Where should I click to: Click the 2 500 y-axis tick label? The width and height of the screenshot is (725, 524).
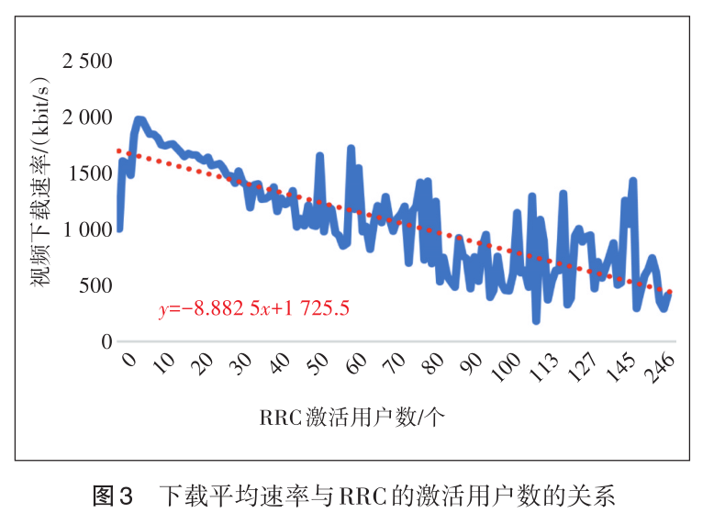tap(86, 62)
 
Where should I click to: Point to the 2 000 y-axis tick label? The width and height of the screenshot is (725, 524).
tap(86, 118)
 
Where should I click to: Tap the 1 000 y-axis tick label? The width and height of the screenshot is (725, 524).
tap(86, 229)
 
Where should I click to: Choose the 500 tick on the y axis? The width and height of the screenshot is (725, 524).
tap(94, 285)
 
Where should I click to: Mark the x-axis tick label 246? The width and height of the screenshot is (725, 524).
tap(660, 367)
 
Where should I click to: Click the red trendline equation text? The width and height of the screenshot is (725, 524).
tap(253, 308)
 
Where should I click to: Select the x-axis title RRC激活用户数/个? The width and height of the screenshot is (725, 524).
tap(351, 418)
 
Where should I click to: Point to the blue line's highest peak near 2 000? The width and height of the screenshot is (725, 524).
tap(139, 119)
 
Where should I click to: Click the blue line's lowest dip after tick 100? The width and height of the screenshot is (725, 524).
tap(536, 320)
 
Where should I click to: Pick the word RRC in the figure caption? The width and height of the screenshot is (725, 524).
tap(367, 496)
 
